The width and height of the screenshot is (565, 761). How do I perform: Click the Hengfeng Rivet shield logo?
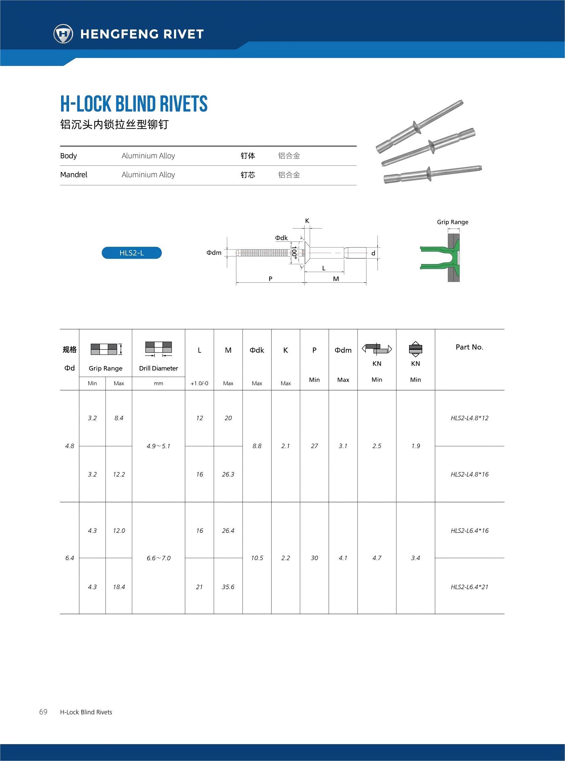coord(63,34)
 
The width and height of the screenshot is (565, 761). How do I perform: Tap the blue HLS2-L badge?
coord(132,253)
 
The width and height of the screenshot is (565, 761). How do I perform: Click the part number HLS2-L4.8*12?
coord(469,418)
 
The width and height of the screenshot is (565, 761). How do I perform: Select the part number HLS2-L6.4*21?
coord(469,587)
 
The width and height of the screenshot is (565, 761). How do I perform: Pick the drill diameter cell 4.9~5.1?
coord(158,446)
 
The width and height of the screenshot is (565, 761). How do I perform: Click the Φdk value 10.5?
coord(257,558)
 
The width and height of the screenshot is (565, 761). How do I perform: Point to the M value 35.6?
coord(228,587)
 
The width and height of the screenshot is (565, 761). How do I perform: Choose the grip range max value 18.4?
coord(119,587)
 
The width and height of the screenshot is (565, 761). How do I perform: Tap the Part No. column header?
coord(469,347)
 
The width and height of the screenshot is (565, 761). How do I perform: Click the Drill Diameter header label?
coord(158,368)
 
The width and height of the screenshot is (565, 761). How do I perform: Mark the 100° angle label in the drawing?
coord(294,252)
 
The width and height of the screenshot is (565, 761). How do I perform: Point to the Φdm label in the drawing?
coord(214,252)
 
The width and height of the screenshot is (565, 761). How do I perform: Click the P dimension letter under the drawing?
coord(271,279)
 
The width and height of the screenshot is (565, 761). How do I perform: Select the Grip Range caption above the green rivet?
coord(452,222)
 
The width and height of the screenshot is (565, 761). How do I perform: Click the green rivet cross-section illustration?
coord(441,257)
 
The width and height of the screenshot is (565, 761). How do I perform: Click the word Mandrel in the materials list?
coord(74,174)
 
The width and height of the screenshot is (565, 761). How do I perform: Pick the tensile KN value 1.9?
coord(416,446)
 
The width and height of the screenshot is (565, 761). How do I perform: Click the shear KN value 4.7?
coord(376,558)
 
